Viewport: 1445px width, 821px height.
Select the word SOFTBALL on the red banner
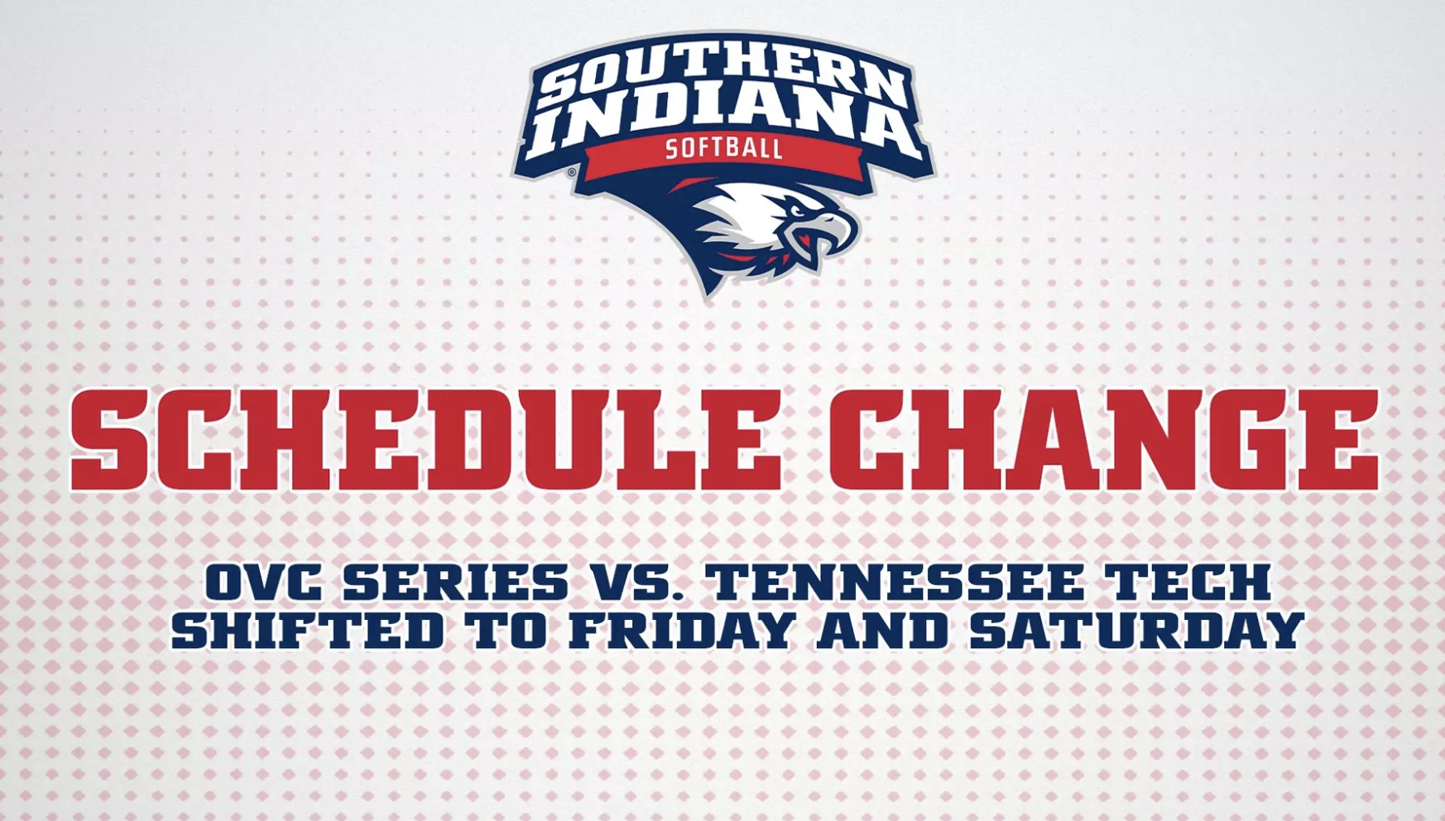(x=724, y=149)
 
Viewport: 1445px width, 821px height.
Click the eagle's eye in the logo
(x=797, y=211)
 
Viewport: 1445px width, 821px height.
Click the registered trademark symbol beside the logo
(x=571, y=172)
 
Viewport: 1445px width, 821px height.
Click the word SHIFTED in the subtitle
(x=308, y=631)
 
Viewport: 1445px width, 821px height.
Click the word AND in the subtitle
(x=882, y=631)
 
